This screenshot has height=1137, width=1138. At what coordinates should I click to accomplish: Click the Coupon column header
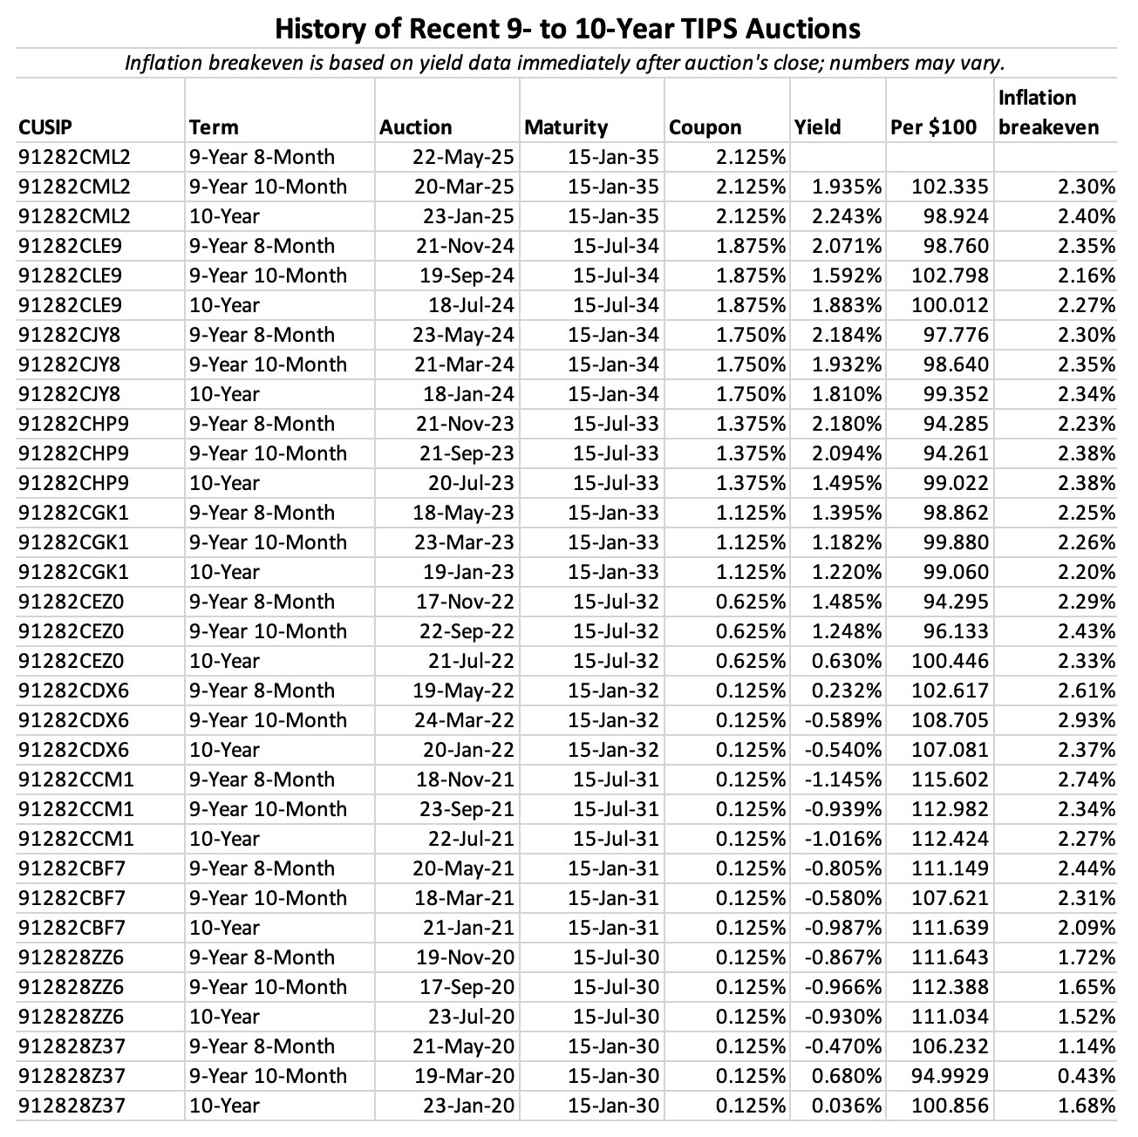pyautogui.click(x=705, y=127)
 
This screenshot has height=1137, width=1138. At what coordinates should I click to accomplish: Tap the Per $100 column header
pyautogui.click(x=933, y=127)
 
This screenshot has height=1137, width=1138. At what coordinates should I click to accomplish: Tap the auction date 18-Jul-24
pyautogui.click(x=469, y=305)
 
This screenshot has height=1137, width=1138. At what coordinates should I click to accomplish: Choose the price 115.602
pyautogui.click(x=951, y=780)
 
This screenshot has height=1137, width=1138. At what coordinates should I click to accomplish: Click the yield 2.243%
pyautogui.click(x=847, y=216)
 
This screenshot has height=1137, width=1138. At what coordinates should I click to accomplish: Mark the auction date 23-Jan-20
pyautogui.click(x=468, y=1106)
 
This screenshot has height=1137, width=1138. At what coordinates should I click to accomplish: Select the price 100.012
pyautogui.click(x=951, y=305)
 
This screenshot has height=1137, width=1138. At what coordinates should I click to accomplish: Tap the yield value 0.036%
pyautogui.click(x=847, y=1106)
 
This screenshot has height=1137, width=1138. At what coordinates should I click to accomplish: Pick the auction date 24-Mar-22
pyautogui.click(x=464, y=720)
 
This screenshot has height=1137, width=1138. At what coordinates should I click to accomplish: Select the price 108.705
pyautogui.click(x=951, y=720)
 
